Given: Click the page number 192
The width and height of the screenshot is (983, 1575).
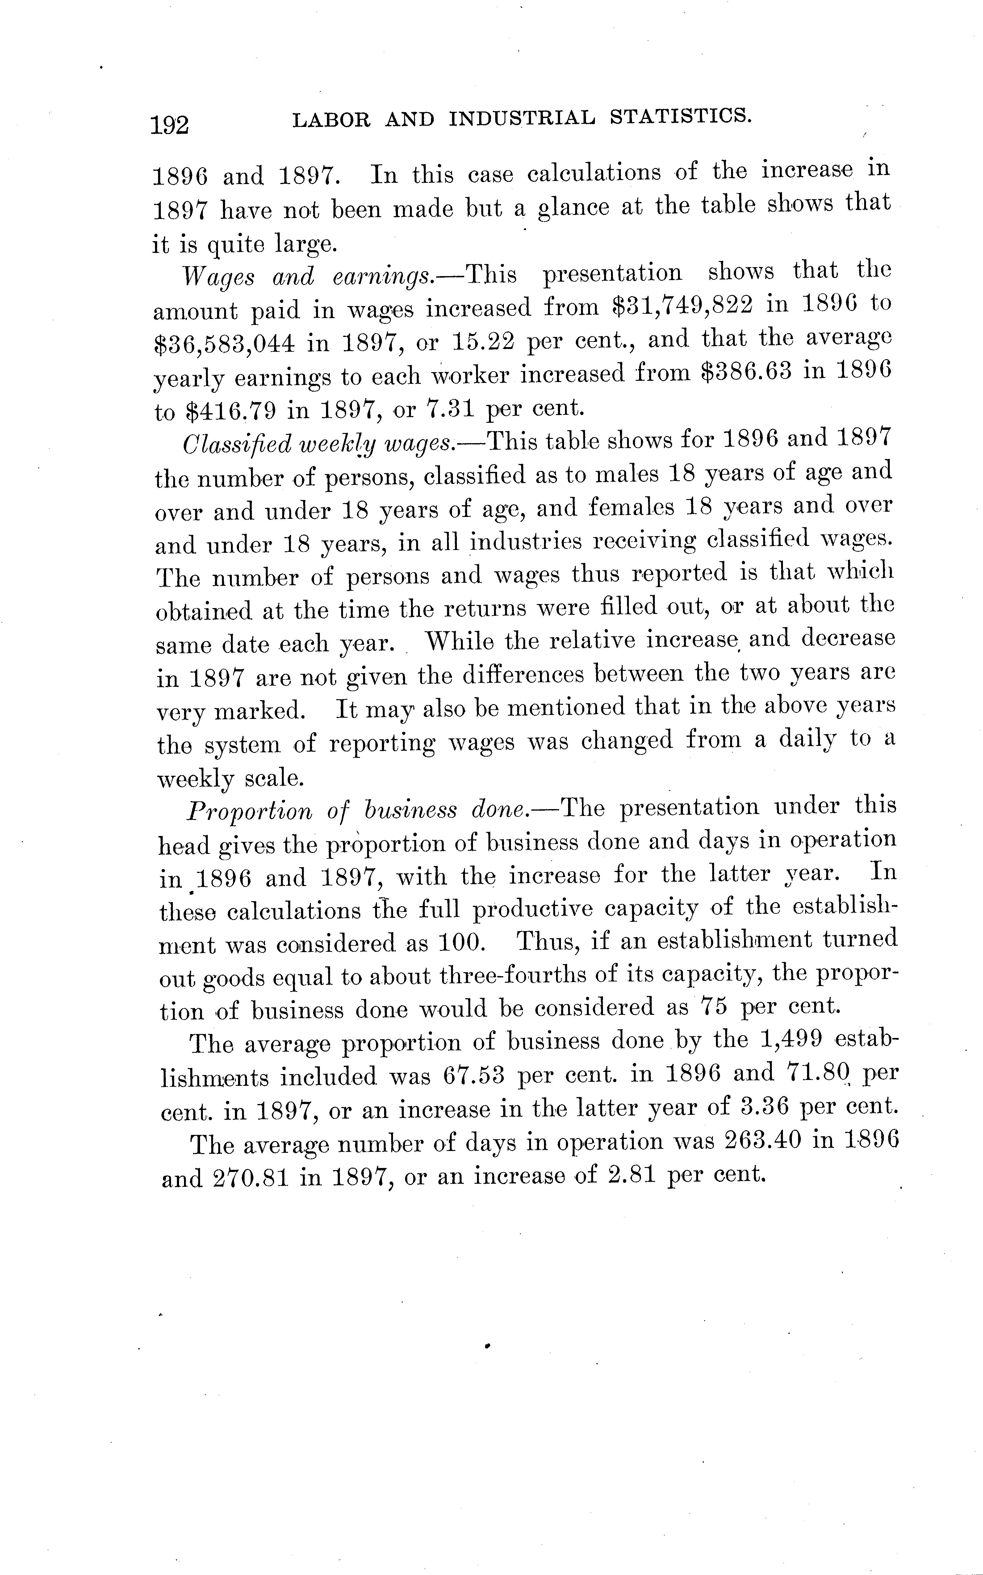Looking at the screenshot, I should click(x=170, y=124).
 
